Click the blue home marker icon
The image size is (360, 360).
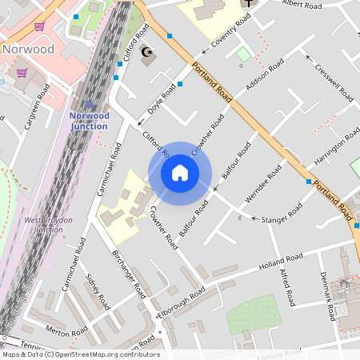click(x=180, y=173)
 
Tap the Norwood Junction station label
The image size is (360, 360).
click(x=89, y=120)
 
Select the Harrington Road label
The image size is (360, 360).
click(x=337, y=148)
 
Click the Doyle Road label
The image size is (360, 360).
click(x=162, y=101)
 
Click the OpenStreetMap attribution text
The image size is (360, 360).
click(x=80, y=354)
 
